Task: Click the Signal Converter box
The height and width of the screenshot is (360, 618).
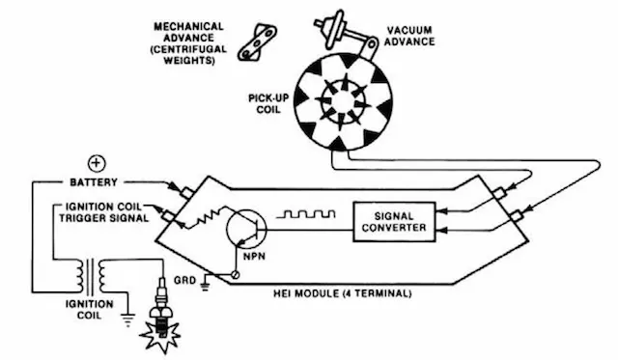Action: pos(394,222)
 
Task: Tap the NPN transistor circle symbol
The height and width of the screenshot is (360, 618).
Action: pos(246,229)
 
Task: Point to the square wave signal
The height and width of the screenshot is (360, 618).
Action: pos(306,214)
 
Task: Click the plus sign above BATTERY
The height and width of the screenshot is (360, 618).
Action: pos(97,163)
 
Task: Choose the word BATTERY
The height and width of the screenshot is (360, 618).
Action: pos(94,182)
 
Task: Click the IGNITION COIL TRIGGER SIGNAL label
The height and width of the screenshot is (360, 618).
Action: pos(103,212)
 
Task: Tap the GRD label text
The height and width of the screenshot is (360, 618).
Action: pos(184,280)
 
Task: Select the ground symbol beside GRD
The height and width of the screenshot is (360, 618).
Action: pos(205,285)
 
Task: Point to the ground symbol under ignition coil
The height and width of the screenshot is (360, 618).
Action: pos(127,319)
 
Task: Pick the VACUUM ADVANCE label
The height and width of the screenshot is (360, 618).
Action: pos(409,36)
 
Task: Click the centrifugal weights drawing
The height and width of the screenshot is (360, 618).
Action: pos(257,42)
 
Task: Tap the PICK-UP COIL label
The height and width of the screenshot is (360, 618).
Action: pos(268,103)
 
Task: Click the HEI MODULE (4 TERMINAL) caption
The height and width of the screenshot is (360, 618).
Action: pos(343,293)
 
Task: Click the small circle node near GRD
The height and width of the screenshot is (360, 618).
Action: pos(235,274)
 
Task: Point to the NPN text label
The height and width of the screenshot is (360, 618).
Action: pos(254,257)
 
